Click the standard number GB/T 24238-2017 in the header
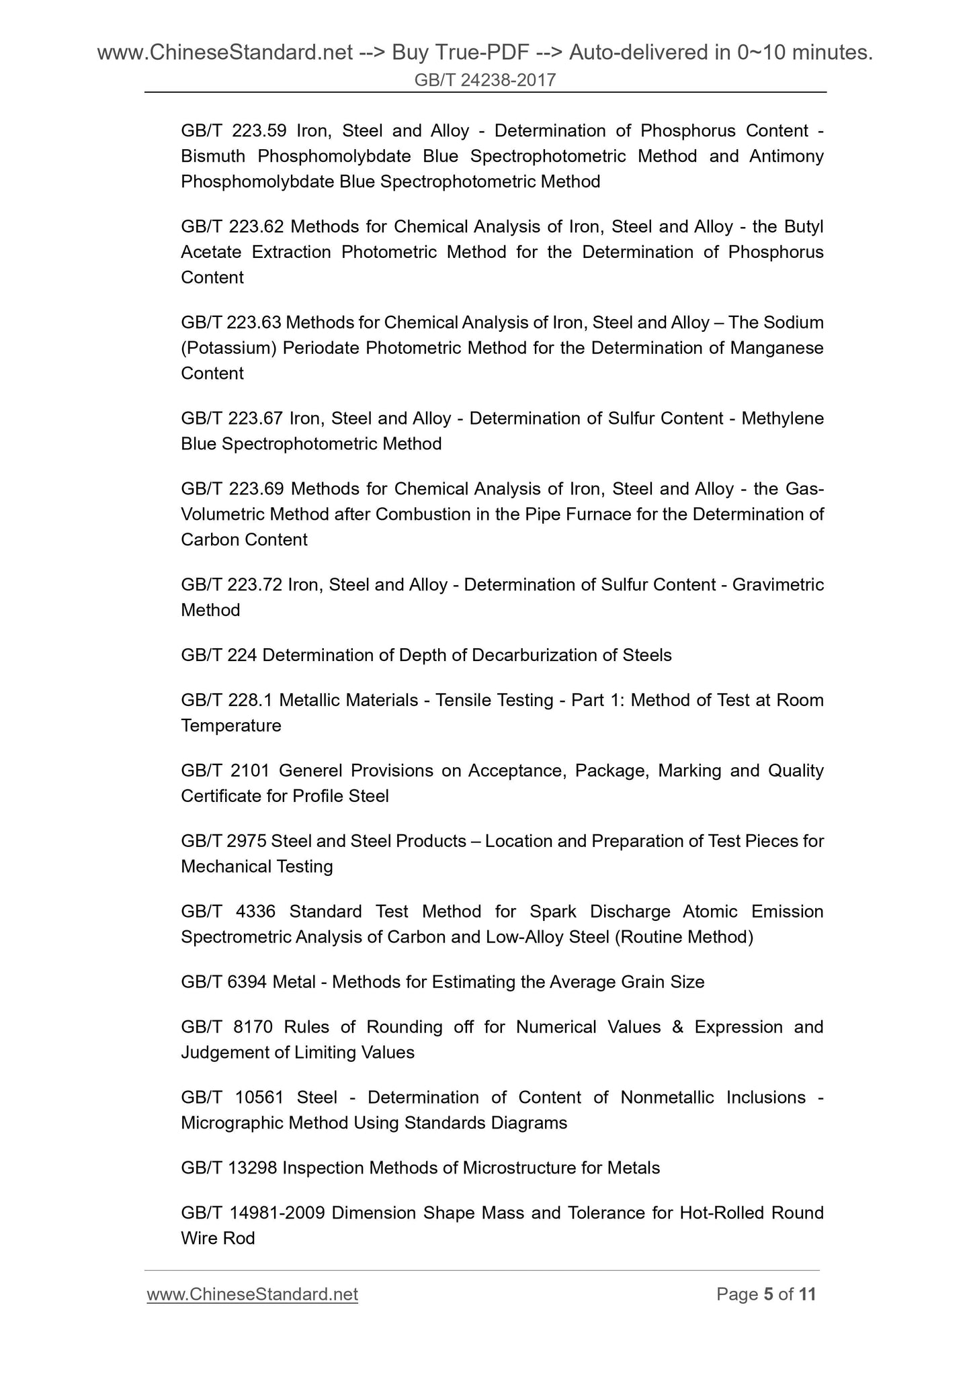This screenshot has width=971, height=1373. pyautogui.click(x=485, y=81)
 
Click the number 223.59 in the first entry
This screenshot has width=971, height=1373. pyautogui.click(x=256, y=131)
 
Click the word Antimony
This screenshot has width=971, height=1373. pyautogui.click(x=786, y=157)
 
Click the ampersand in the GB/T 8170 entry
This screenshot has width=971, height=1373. pyautogui.click(x=677, y=1028)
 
